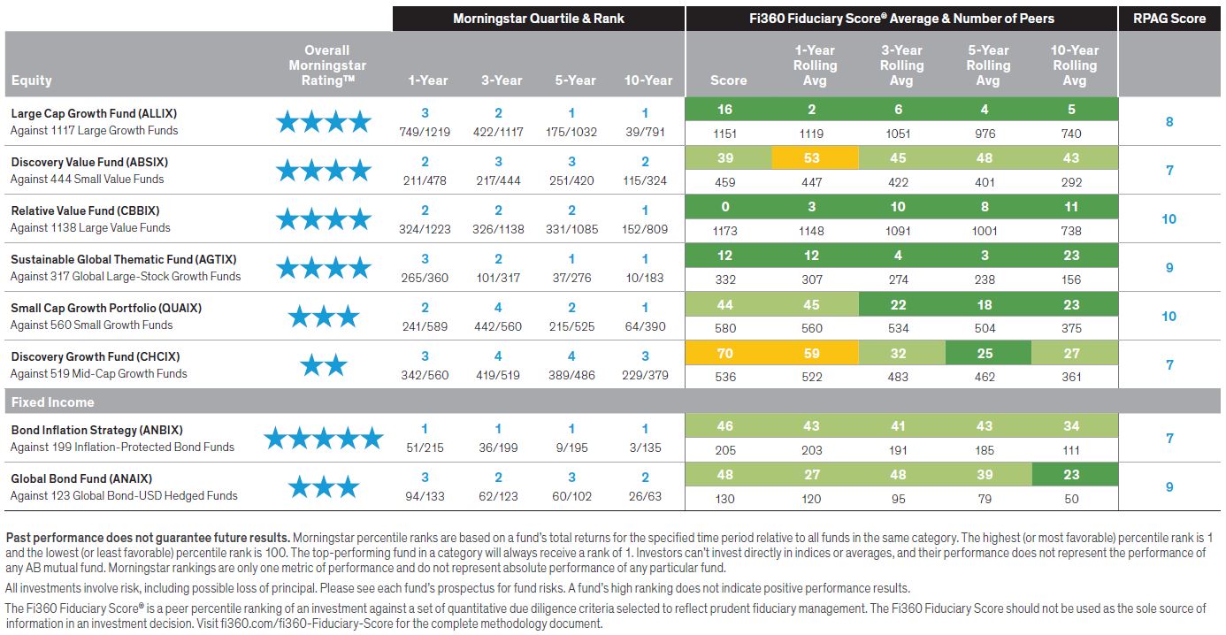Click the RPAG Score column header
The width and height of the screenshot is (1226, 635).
pyautogui.click(x=1169, y=18)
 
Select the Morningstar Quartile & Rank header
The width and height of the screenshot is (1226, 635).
pyautogui.click(x=538, y=18)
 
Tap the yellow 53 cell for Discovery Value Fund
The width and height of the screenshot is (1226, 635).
pyautogui.click(x=811, y=158)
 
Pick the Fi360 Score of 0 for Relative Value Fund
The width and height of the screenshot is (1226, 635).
pyautogui.click(x=725, y=207)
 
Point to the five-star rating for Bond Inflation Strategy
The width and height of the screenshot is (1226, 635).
pyautogui.click(x=323, y=438)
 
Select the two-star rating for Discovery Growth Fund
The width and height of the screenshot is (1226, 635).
pyautogui.click(x=323, y=364)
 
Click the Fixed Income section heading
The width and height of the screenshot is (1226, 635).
pyautogui.click(x=53, y=402)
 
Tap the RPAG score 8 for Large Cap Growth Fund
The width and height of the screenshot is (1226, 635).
pyautogui.click(x=1169, y=122)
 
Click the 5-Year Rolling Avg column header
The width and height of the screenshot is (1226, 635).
pyautogui.click(x=987, y=65)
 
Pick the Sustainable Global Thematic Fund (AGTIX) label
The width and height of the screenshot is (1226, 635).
pyautogui.click(x=123, y=259)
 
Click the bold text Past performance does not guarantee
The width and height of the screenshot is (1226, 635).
pyautogui.click(x=148, y=538)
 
